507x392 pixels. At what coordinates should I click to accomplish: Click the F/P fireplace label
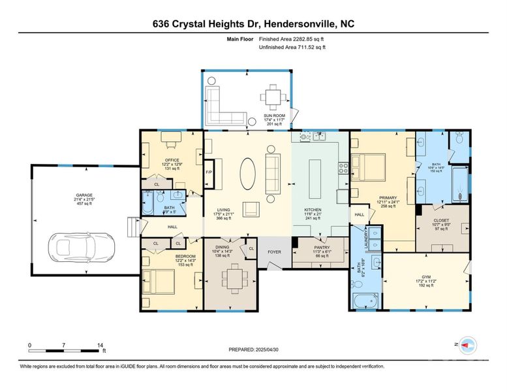coord(209,172)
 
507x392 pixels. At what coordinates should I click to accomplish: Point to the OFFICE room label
coord(172,159)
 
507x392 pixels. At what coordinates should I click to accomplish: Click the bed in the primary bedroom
coord(367,167)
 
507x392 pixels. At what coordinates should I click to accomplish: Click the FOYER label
coord(274,251)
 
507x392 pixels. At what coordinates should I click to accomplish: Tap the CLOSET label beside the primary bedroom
coord(442,220)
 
